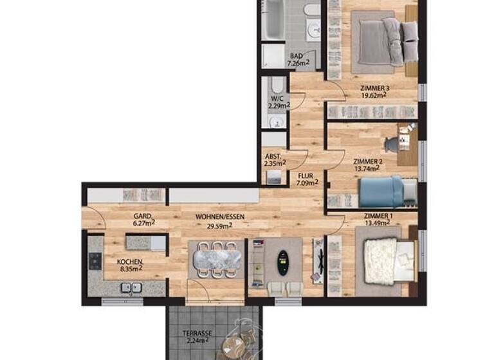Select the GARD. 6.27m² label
143,220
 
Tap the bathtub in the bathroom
275,19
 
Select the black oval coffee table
281,262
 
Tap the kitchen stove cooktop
95,261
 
